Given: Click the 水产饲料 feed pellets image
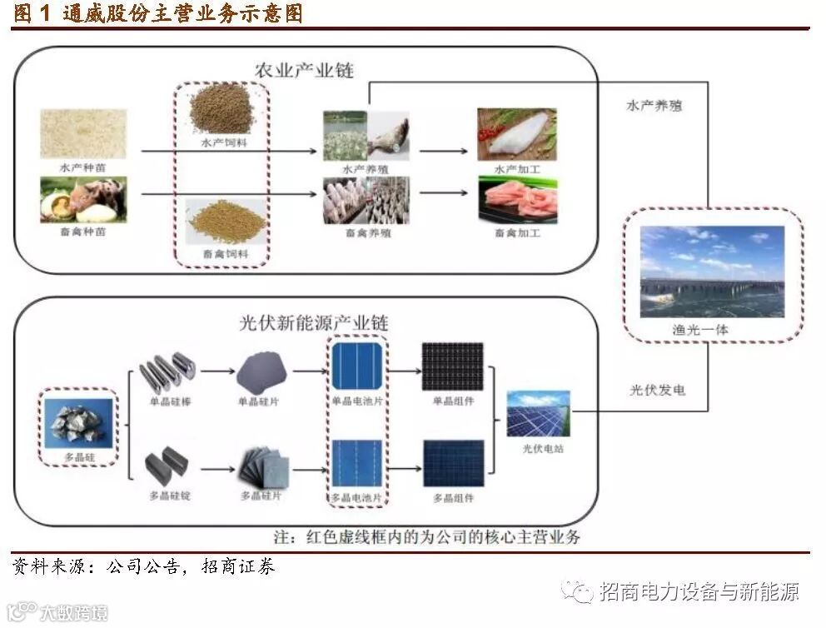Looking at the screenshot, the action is [x=221, y=108].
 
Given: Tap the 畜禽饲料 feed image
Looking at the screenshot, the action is [x=226, y=221].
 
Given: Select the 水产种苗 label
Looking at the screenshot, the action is [x=83, y=167].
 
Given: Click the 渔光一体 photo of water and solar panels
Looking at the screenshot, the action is [x=712, y=272].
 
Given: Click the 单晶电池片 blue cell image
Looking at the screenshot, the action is [x=357, y=366].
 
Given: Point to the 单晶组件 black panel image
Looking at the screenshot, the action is [x=453, y=367].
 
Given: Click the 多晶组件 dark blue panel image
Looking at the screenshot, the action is [x=453, y=463].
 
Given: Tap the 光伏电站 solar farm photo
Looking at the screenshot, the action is [x=539, y=414].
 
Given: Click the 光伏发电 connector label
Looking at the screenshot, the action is [x=657, y=390].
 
